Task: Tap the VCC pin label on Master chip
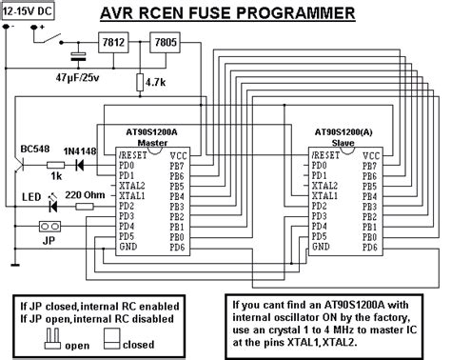177,154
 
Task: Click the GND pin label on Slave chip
322,246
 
